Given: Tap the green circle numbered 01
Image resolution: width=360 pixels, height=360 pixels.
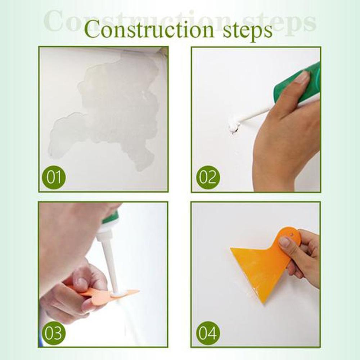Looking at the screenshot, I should pyautogui.click(x=54, y=178).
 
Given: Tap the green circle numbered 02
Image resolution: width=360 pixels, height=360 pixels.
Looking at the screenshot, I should pyautogui.click(x=208, y=177).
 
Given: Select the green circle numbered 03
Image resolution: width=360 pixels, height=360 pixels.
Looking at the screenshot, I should pyautogui.click(x=53, y=333).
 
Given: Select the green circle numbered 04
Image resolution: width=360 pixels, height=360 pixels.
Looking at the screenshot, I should pyautogui.click(x=208, y=333).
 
